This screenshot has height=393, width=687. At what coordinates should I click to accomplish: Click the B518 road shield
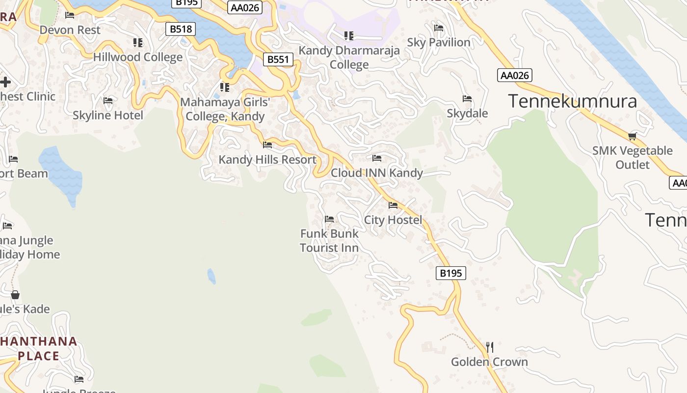(181, 29)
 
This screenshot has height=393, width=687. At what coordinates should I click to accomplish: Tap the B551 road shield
(278, 60)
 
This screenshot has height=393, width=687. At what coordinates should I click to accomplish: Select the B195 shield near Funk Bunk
(450, 273)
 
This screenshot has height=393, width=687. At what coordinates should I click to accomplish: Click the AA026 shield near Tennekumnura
(514, 75)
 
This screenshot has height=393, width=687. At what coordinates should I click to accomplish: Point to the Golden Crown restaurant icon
(489, 347)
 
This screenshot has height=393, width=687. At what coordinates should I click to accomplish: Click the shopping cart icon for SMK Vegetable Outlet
(633, 136)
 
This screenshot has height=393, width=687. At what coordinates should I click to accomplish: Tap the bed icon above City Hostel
(393, 205)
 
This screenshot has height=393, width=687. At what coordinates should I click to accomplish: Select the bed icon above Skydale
(467, 99)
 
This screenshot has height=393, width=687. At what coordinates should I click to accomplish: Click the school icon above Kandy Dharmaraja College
(349, 35)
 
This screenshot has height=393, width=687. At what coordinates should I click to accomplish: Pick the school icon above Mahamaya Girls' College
(225, 87)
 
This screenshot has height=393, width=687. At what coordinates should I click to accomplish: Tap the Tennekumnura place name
(573, 101)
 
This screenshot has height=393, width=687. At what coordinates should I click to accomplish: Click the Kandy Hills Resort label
(267, 160)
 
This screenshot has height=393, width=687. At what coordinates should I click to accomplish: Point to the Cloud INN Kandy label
(376, 173)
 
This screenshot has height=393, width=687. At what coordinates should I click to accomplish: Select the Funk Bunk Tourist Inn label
(329, 241)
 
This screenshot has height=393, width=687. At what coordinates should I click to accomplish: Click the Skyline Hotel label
(108, 115)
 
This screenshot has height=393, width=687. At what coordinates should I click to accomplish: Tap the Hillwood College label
(138, 57)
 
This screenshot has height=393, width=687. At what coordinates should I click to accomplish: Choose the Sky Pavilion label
(439, 42)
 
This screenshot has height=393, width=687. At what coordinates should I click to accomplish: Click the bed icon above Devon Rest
(70, 15)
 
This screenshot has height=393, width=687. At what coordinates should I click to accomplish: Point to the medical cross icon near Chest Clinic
(5, 82)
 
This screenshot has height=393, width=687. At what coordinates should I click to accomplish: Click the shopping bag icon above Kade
(15, 295)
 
